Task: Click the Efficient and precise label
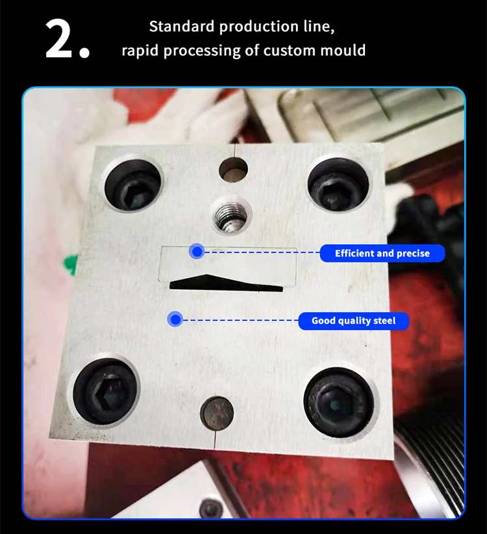click(x=382, y=253)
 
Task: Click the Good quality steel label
click(x=354, y=321)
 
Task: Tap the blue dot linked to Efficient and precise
click(x=197, y=251)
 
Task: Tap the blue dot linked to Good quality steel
click(x=175, y=320)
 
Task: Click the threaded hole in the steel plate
click(x=232, y=216)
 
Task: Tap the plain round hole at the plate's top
click(x=233, y=170)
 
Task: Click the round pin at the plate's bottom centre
click(x=217, y=413)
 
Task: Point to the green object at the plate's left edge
click(x=70, y=264)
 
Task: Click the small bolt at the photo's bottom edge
click(x=210, y=509)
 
